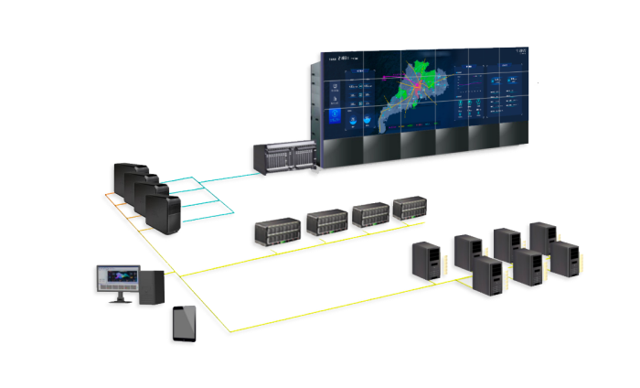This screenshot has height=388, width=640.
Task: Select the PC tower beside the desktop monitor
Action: pyautogui.click(x=153, y=286)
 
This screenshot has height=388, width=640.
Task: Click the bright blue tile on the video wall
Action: pyautogui.click(x=336, y=119)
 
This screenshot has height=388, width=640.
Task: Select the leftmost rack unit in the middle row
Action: pyautogui.click(x=277, y=230)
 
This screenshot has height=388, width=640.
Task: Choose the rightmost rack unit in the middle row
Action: pyautogui.click(x=411, y=208)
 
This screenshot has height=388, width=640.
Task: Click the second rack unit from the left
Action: pyautogui.click(x=326, y=221)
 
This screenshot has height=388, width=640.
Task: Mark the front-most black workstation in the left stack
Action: pyautogui.click(x=164, y=210)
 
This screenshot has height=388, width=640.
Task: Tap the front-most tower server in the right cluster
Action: pyautogui.click(x=487, y=275)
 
